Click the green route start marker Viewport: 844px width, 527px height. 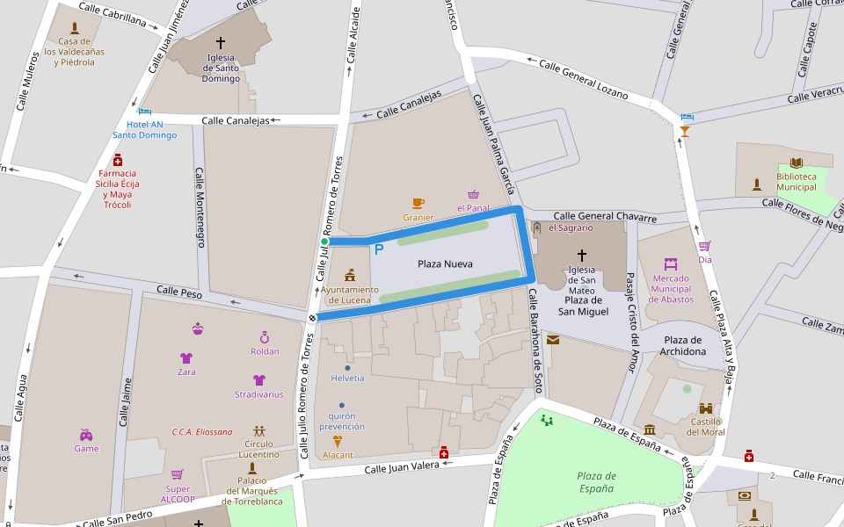324,242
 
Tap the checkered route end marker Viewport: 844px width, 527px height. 312,317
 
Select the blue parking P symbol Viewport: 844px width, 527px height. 379,249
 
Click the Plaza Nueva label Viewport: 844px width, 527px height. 445,263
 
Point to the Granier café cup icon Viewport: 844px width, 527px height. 418,204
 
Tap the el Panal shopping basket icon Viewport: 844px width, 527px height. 473,195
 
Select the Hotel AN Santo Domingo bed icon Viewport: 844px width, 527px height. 144,112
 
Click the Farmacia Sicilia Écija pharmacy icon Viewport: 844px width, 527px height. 118,160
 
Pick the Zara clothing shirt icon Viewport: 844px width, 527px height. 186,358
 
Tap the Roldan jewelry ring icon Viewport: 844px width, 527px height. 265,337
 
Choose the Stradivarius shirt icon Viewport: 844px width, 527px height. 258,380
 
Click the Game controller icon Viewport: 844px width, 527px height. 86,435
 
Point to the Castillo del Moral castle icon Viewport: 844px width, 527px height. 706,408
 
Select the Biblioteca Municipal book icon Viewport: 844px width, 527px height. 797,162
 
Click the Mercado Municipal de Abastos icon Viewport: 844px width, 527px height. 671,263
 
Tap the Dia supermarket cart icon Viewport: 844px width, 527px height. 704,246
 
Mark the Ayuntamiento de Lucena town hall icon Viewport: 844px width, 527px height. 350,276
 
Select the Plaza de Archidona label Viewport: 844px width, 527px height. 684,346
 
